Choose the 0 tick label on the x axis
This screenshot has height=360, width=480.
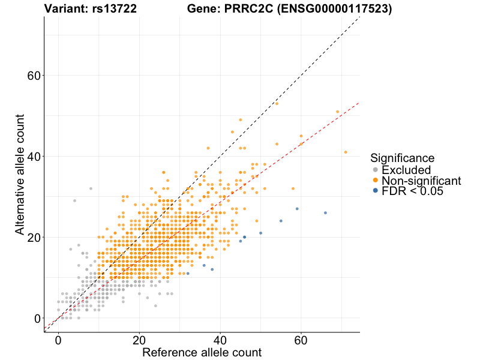58,340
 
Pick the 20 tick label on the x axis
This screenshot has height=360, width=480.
139,340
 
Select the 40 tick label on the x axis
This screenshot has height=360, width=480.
220,340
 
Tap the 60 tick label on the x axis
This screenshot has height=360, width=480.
301,340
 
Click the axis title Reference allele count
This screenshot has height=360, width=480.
202,352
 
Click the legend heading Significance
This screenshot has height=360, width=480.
402,158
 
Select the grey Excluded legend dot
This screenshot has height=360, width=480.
376,170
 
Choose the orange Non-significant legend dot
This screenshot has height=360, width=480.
376,180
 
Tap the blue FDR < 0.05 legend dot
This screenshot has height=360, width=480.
376,190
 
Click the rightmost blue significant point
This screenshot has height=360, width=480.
325,213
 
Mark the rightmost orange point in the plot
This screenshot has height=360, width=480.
346,152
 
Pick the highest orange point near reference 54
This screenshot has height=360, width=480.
277,103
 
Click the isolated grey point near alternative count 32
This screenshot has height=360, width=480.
91,188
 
